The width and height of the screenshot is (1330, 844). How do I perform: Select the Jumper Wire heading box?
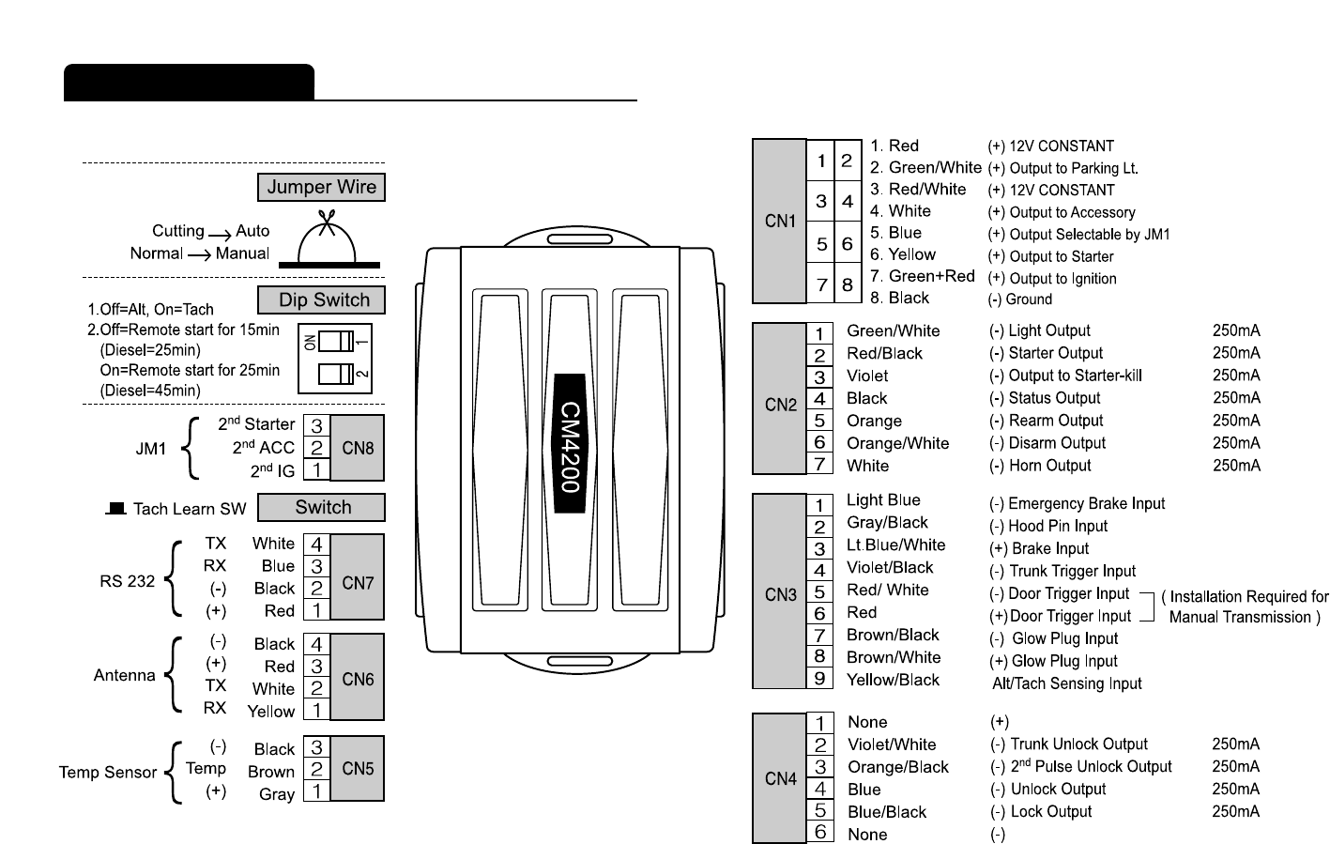321,187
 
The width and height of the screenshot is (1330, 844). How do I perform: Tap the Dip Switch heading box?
321,300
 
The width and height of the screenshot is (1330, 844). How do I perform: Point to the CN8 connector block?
358,448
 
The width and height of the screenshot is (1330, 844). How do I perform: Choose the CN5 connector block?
358,768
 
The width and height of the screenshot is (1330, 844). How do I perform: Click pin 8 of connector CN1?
847,284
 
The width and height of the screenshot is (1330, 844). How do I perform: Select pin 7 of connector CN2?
819,464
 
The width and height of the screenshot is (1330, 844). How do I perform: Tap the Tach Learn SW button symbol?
116,508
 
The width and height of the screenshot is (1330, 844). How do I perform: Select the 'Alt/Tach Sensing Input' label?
1066,683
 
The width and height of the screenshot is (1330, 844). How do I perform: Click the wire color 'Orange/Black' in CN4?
897,767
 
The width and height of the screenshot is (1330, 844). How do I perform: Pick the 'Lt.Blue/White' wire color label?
895,545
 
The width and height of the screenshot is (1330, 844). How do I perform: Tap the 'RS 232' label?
127,581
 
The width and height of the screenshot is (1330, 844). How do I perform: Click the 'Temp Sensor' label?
108,772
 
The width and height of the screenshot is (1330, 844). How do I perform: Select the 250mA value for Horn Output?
1235,466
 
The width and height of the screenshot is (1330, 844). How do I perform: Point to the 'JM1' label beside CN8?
150,449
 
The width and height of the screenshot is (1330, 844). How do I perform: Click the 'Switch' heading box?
321,508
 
